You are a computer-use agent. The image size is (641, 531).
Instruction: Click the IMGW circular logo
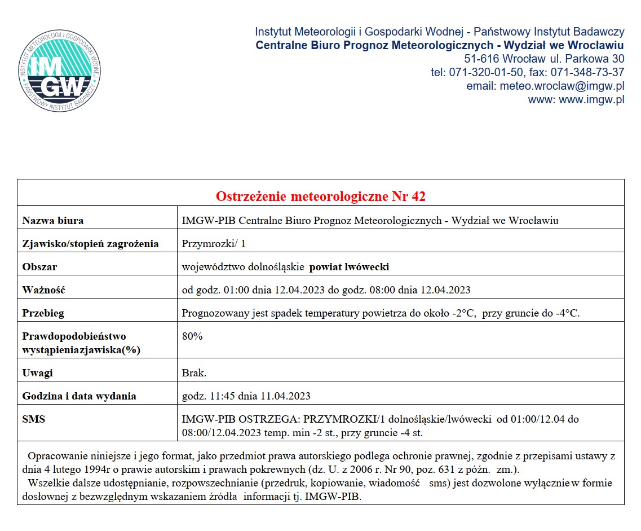59,71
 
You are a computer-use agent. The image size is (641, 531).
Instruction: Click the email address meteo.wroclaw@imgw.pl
562,86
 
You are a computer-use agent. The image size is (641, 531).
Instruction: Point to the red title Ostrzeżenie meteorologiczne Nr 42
321,196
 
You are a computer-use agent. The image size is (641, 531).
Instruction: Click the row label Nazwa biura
53,221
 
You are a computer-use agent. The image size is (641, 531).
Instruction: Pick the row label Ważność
44,290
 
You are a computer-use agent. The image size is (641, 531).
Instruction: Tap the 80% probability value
192,336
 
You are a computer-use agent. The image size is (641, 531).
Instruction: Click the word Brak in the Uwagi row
194,373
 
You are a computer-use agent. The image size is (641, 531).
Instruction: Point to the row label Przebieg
43,313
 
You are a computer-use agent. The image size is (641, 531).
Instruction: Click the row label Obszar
39,267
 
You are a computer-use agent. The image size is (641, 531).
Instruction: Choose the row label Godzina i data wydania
79,396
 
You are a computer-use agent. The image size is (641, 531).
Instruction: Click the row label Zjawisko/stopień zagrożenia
90,244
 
